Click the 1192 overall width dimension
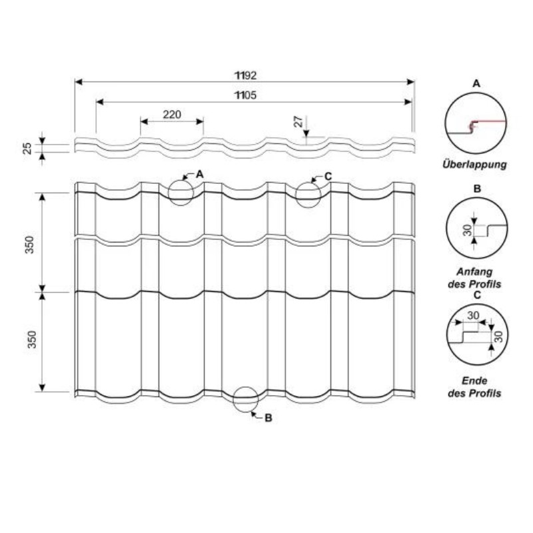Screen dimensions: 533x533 pos(246,75)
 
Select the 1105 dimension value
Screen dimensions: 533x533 pos(246,95)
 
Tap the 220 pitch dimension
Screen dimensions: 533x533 pos(172,115)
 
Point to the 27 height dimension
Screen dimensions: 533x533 pos(298,122)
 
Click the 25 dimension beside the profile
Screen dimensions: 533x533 pos(27,149)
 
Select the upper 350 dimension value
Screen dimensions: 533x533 pos(30,245)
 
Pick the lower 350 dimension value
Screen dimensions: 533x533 pos(31,339)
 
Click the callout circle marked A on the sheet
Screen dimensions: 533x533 pos(181,193)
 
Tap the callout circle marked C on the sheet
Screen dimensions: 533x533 pos(308,195)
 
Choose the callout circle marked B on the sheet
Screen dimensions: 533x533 pos(246,400)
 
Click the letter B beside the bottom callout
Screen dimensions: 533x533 pos(268,418)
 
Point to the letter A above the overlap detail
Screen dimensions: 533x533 pos(476,83)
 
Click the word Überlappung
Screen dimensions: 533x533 pos(474,165)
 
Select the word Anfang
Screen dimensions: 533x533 pos(474,272)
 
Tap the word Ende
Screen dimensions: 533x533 pos(474,380)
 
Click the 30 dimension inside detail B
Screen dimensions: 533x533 pos(468,230)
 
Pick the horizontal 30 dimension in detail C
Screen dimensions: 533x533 pos(473,315)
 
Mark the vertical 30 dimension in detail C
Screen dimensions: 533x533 pos(499,336)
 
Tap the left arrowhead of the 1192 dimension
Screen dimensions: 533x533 pos(79,82)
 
